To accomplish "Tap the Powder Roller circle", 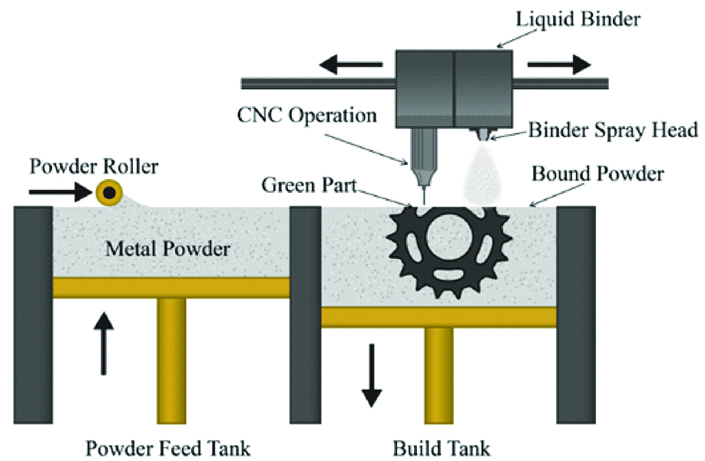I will click(x=110, y=194).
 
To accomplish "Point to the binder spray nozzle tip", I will click(x=482, y=136).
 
